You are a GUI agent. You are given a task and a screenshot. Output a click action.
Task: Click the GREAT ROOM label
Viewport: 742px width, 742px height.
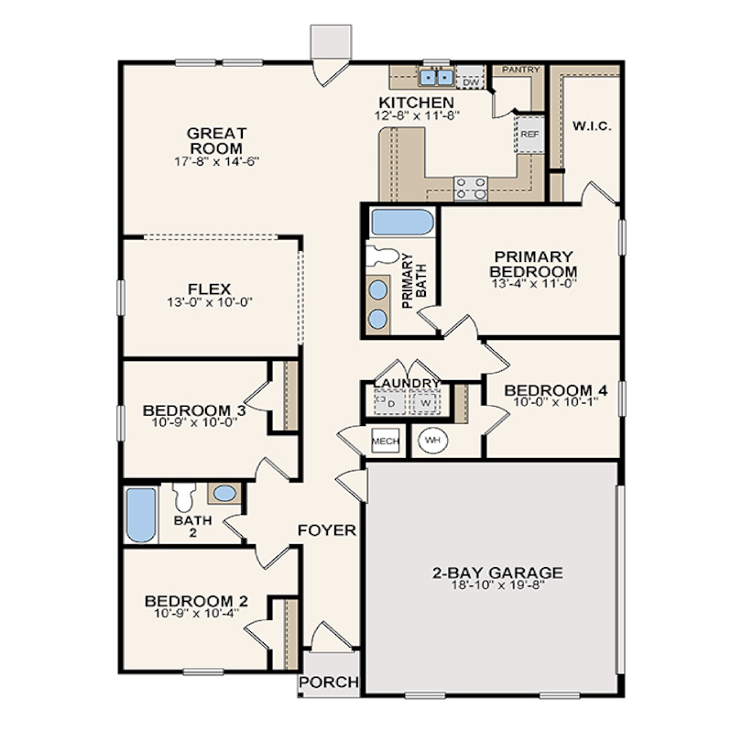217,140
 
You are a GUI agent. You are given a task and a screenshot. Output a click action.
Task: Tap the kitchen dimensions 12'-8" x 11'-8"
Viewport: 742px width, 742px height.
417,115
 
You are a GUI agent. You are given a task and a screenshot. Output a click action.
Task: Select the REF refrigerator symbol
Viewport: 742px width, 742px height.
529,134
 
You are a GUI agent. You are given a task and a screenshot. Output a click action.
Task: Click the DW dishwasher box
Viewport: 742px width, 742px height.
471,82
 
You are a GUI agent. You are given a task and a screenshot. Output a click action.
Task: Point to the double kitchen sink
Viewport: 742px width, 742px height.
436,77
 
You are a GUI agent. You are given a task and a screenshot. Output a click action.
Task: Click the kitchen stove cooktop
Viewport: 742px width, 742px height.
471,188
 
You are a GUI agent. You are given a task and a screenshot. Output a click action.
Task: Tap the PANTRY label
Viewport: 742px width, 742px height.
521,70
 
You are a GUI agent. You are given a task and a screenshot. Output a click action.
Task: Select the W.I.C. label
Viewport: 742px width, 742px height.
592,126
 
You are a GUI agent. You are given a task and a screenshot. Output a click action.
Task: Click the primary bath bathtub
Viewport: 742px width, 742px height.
402,223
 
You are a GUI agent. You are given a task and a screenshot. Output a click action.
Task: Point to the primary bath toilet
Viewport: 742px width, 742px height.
382,256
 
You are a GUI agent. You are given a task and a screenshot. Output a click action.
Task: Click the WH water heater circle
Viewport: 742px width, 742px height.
432,440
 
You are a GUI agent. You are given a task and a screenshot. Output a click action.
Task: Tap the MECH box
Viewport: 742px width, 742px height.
386,441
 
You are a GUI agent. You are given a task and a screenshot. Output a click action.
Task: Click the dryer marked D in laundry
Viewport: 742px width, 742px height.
390,403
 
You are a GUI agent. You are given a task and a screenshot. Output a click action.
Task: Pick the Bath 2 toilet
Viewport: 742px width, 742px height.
183,496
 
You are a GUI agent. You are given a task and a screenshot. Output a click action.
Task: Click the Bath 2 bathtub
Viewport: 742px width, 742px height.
141,515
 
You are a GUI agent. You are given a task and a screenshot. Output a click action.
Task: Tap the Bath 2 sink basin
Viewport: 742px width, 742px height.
224,494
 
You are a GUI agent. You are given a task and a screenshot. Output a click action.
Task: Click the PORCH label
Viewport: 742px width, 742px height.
329,682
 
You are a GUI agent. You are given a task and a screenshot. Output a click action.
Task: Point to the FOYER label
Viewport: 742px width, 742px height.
326,530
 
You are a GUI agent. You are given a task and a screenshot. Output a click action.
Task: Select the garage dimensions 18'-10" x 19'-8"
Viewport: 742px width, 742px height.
497,584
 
